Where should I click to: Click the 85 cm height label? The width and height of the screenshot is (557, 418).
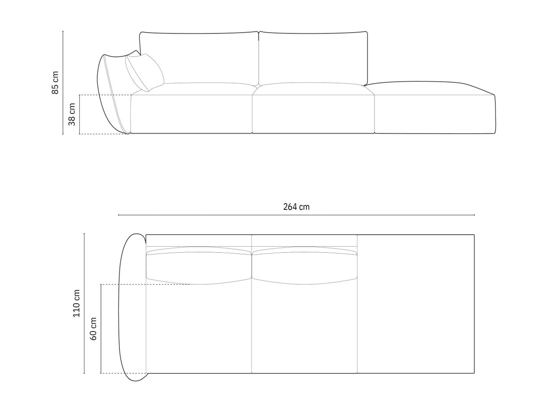coord(55,83)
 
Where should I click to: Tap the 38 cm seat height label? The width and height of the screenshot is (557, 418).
coord(72,114)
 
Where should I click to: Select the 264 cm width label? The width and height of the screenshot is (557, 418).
coord(296,207)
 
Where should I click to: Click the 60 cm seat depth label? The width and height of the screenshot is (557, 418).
coord(93,328)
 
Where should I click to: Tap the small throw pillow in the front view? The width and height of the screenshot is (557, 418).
coord(145,73)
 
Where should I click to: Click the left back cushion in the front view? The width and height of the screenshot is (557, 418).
coord(199,57)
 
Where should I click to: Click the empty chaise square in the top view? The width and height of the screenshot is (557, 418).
coord(415,303)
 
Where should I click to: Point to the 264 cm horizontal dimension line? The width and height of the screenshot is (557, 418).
coord(229,215)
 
